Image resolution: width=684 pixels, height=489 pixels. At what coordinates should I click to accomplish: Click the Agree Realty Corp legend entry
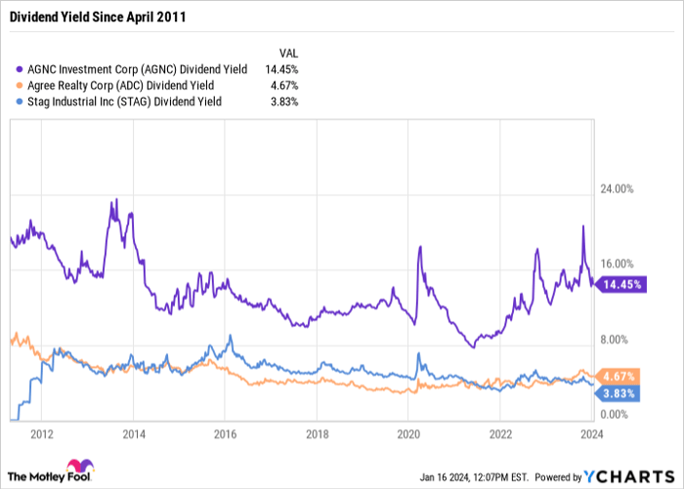coord(117,86)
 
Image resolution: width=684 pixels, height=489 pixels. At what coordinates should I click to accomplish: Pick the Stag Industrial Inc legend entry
coord(117,102)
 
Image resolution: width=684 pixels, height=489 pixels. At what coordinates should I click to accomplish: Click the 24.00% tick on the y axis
coord(618,188)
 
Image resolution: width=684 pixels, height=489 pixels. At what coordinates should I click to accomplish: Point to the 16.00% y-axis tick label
coord(618,265)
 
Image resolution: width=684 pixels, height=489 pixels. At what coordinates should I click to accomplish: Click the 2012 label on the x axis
coord(42,432)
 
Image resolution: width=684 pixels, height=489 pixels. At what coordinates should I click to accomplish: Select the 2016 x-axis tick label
coord(226,432)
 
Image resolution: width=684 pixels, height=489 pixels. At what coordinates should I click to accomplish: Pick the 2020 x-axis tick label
coord(408,432)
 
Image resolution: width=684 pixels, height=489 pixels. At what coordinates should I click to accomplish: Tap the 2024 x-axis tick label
coord(590,432)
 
